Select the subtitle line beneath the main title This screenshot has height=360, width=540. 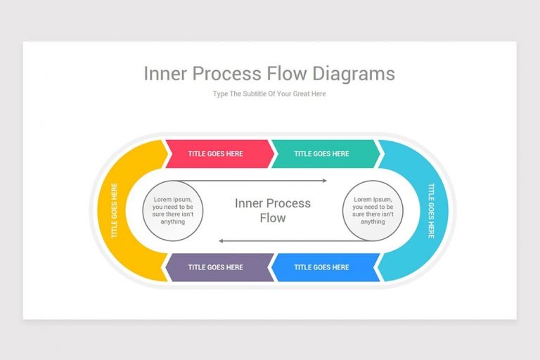coord(269,94)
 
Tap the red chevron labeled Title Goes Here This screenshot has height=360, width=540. coord(218,154)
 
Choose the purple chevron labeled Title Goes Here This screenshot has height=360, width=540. coord(218,267)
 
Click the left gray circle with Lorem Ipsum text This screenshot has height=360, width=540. coord(172,210)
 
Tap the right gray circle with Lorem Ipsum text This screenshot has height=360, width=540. coord(373,210)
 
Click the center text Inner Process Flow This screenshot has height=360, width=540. coord(272,210)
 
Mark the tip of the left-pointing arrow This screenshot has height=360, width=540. coord(220,241)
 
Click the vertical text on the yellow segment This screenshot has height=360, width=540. coord(114,211)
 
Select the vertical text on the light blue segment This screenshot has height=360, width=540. coord(431,211)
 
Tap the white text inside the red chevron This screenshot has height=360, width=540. coord(215,154)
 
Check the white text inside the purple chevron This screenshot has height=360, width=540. coord(215,267)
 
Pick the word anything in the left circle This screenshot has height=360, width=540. coord(172,221)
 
